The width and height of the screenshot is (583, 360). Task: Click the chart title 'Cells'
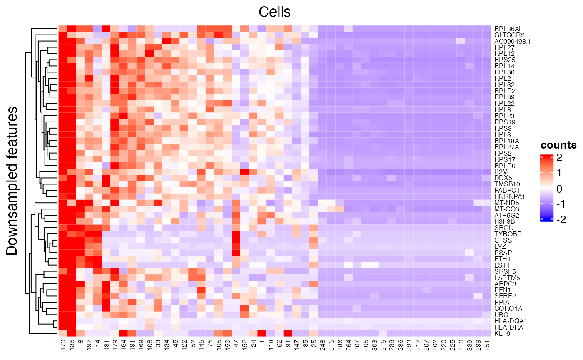pyautogui.click(x=274, y=12)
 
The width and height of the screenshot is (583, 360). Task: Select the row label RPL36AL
pyautogui.click(x=506, y=29)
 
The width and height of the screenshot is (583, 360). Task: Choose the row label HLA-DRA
pyautogui.click(x=506, y=327)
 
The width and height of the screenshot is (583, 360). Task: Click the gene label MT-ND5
pyautogui.click(x=504, y=203)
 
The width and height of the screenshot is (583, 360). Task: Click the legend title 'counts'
pyautogui.click(x=558, y=145)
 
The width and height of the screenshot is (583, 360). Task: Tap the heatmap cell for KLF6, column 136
pyautogui.click(x=71, y=333)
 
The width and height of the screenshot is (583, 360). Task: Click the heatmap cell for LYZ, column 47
pyautogui.click(x=236, y=246)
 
